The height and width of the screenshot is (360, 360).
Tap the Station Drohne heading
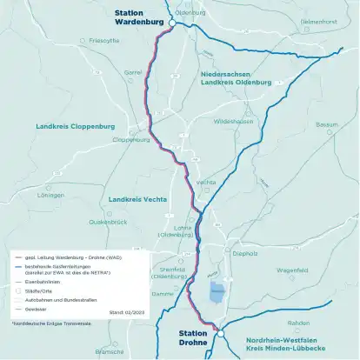[193, 337]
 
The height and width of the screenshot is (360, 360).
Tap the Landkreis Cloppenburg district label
[76, 126]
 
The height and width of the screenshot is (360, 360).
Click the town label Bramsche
[110, 352]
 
